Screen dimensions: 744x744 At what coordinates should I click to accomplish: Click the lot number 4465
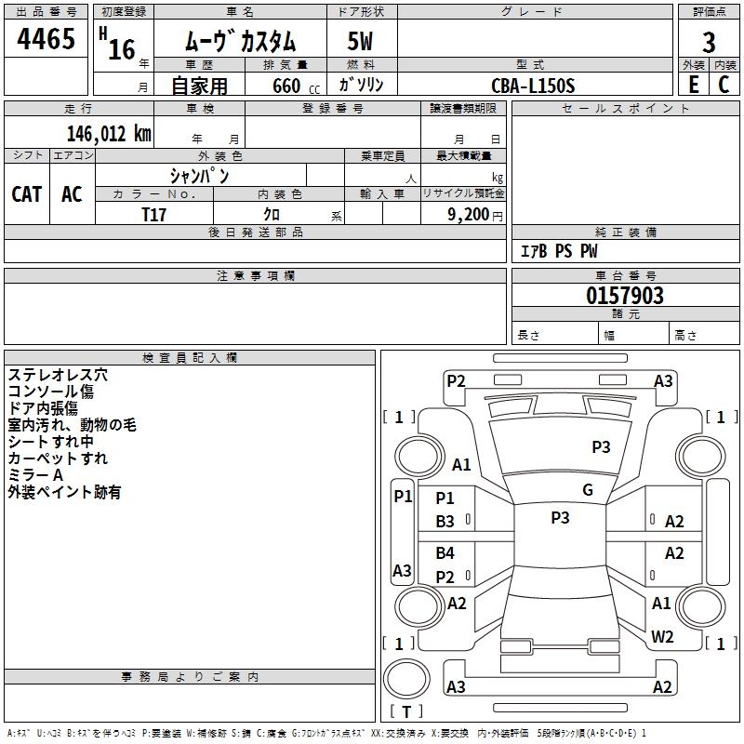tap(46, 40)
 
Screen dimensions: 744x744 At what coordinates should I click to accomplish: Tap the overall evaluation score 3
tap(709, 42)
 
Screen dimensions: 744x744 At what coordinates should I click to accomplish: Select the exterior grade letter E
tap(694, 85)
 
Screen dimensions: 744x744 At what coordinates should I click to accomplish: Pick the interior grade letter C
tap(724, 85)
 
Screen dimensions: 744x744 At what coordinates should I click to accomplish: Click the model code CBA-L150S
tap(533, 86)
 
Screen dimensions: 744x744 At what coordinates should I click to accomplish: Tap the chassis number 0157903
tap(625, 297)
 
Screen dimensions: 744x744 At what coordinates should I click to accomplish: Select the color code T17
tap(154, 214)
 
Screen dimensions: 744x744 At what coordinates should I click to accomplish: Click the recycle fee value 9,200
tap(469, 214)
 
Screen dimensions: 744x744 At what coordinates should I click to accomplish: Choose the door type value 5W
tap(362, 43)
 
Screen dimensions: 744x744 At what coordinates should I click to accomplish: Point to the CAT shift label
tap(26, 193)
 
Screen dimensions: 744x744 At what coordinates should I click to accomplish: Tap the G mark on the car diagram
tap(588, 490)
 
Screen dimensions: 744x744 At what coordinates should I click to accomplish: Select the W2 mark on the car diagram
tap(662, 637)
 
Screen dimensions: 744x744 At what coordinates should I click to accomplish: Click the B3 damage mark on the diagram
tap(445, 522)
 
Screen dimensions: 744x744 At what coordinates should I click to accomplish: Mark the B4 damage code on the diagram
tap(445, 553)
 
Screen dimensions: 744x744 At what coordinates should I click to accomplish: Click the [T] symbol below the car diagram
tap(406, 711)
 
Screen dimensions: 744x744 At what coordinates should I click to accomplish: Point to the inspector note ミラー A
tap(35, 475)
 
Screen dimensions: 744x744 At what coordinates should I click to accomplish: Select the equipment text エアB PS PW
tap(558, 251)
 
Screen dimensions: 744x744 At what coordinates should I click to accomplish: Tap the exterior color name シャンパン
tap(199, 175)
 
